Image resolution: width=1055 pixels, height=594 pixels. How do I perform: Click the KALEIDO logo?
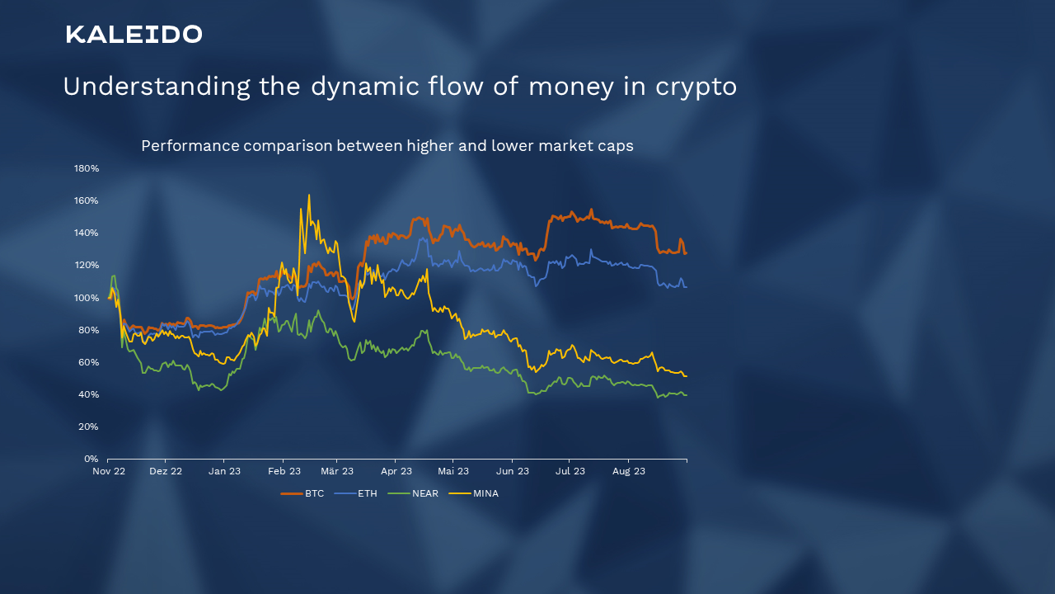pos(134,35)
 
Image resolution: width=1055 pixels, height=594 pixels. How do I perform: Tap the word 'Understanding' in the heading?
pos(157,87)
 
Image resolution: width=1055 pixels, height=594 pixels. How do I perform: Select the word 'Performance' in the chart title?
pos(190,146)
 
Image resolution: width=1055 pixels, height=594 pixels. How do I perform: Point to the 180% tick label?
pos(87,168)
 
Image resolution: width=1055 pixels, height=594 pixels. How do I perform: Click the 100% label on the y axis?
pos(87,298)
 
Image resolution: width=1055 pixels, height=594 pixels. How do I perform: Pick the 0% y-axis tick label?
pos(91,459)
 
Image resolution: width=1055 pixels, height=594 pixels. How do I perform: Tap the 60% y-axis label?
pos(88,362)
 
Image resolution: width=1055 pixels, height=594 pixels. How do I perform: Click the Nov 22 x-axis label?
pos(109,471)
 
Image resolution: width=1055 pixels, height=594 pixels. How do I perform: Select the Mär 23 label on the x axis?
pos(337,471)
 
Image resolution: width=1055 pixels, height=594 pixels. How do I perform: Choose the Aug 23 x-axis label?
pos(629,471)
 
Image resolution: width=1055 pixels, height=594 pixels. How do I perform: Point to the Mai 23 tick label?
pos(453,471)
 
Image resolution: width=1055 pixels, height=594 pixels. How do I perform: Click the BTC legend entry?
pos(302,493)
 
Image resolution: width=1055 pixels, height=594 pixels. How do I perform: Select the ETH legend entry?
pos(355,493)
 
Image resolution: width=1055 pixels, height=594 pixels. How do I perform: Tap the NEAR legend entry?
pos(413,493)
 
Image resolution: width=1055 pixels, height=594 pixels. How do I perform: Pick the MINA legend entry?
pos(473,493)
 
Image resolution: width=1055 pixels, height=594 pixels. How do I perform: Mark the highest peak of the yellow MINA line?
pos(309,195)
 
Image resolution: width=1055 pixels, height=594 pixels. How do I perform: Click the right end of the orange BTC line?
pos(687,253)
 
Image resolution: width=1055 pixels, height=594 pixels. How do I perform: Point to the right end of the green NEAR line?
pos(687,395)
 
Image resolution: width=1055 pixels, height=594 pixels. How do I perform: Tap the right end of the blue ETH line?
pos(687,286)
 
